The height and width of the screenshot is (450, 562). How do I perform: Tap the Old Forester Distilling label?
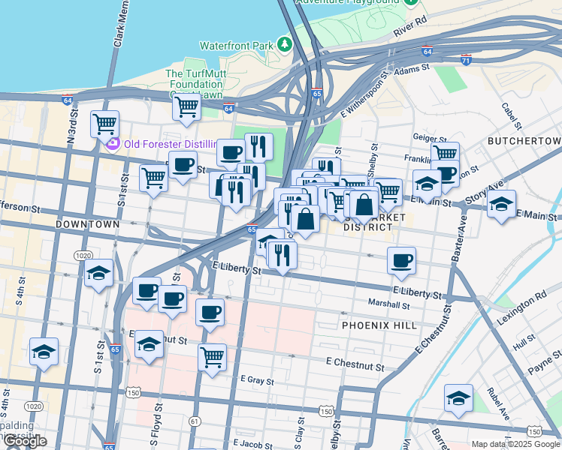tap(170, 143)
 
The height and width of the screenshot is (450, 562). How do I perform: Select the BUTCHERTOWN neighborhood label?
tap(524, 141)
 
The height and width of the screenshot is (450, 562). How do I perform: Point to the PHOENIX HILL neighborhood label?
tap(373, 326)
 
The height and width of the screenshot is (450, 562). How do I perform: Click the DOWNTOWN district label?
tap(87, 224)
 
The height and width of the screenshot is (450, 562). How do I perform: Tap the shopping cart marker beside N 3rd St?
tap(105, 122)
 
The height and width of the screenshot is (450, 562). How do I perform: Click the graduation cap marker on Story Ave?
tap(501, 204)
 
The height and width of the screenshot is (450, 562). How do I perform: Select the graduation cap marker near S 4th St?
tap(44, 349)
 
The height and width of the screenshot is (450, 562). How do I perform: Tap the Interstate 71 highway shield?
tap(467, 58)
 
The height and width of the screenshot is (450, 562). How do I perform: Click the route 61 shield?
tap(195, 421)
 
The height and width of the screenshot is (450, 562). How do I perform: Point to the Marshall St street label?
tap(388, 304)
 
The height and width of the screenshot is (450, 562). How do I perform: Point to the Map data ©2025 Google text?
tap(515, 444)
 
